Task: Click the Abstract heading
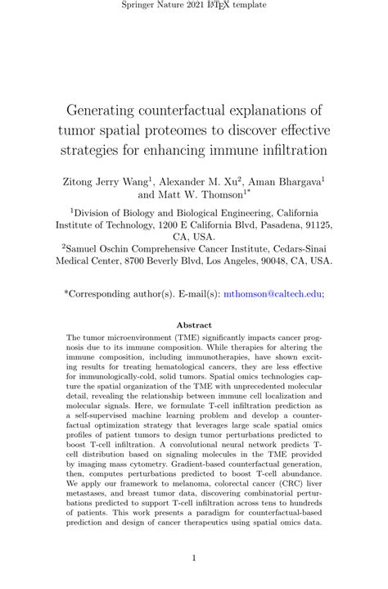coord(194,325)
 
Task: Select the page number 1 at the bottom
coord(194,559)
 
